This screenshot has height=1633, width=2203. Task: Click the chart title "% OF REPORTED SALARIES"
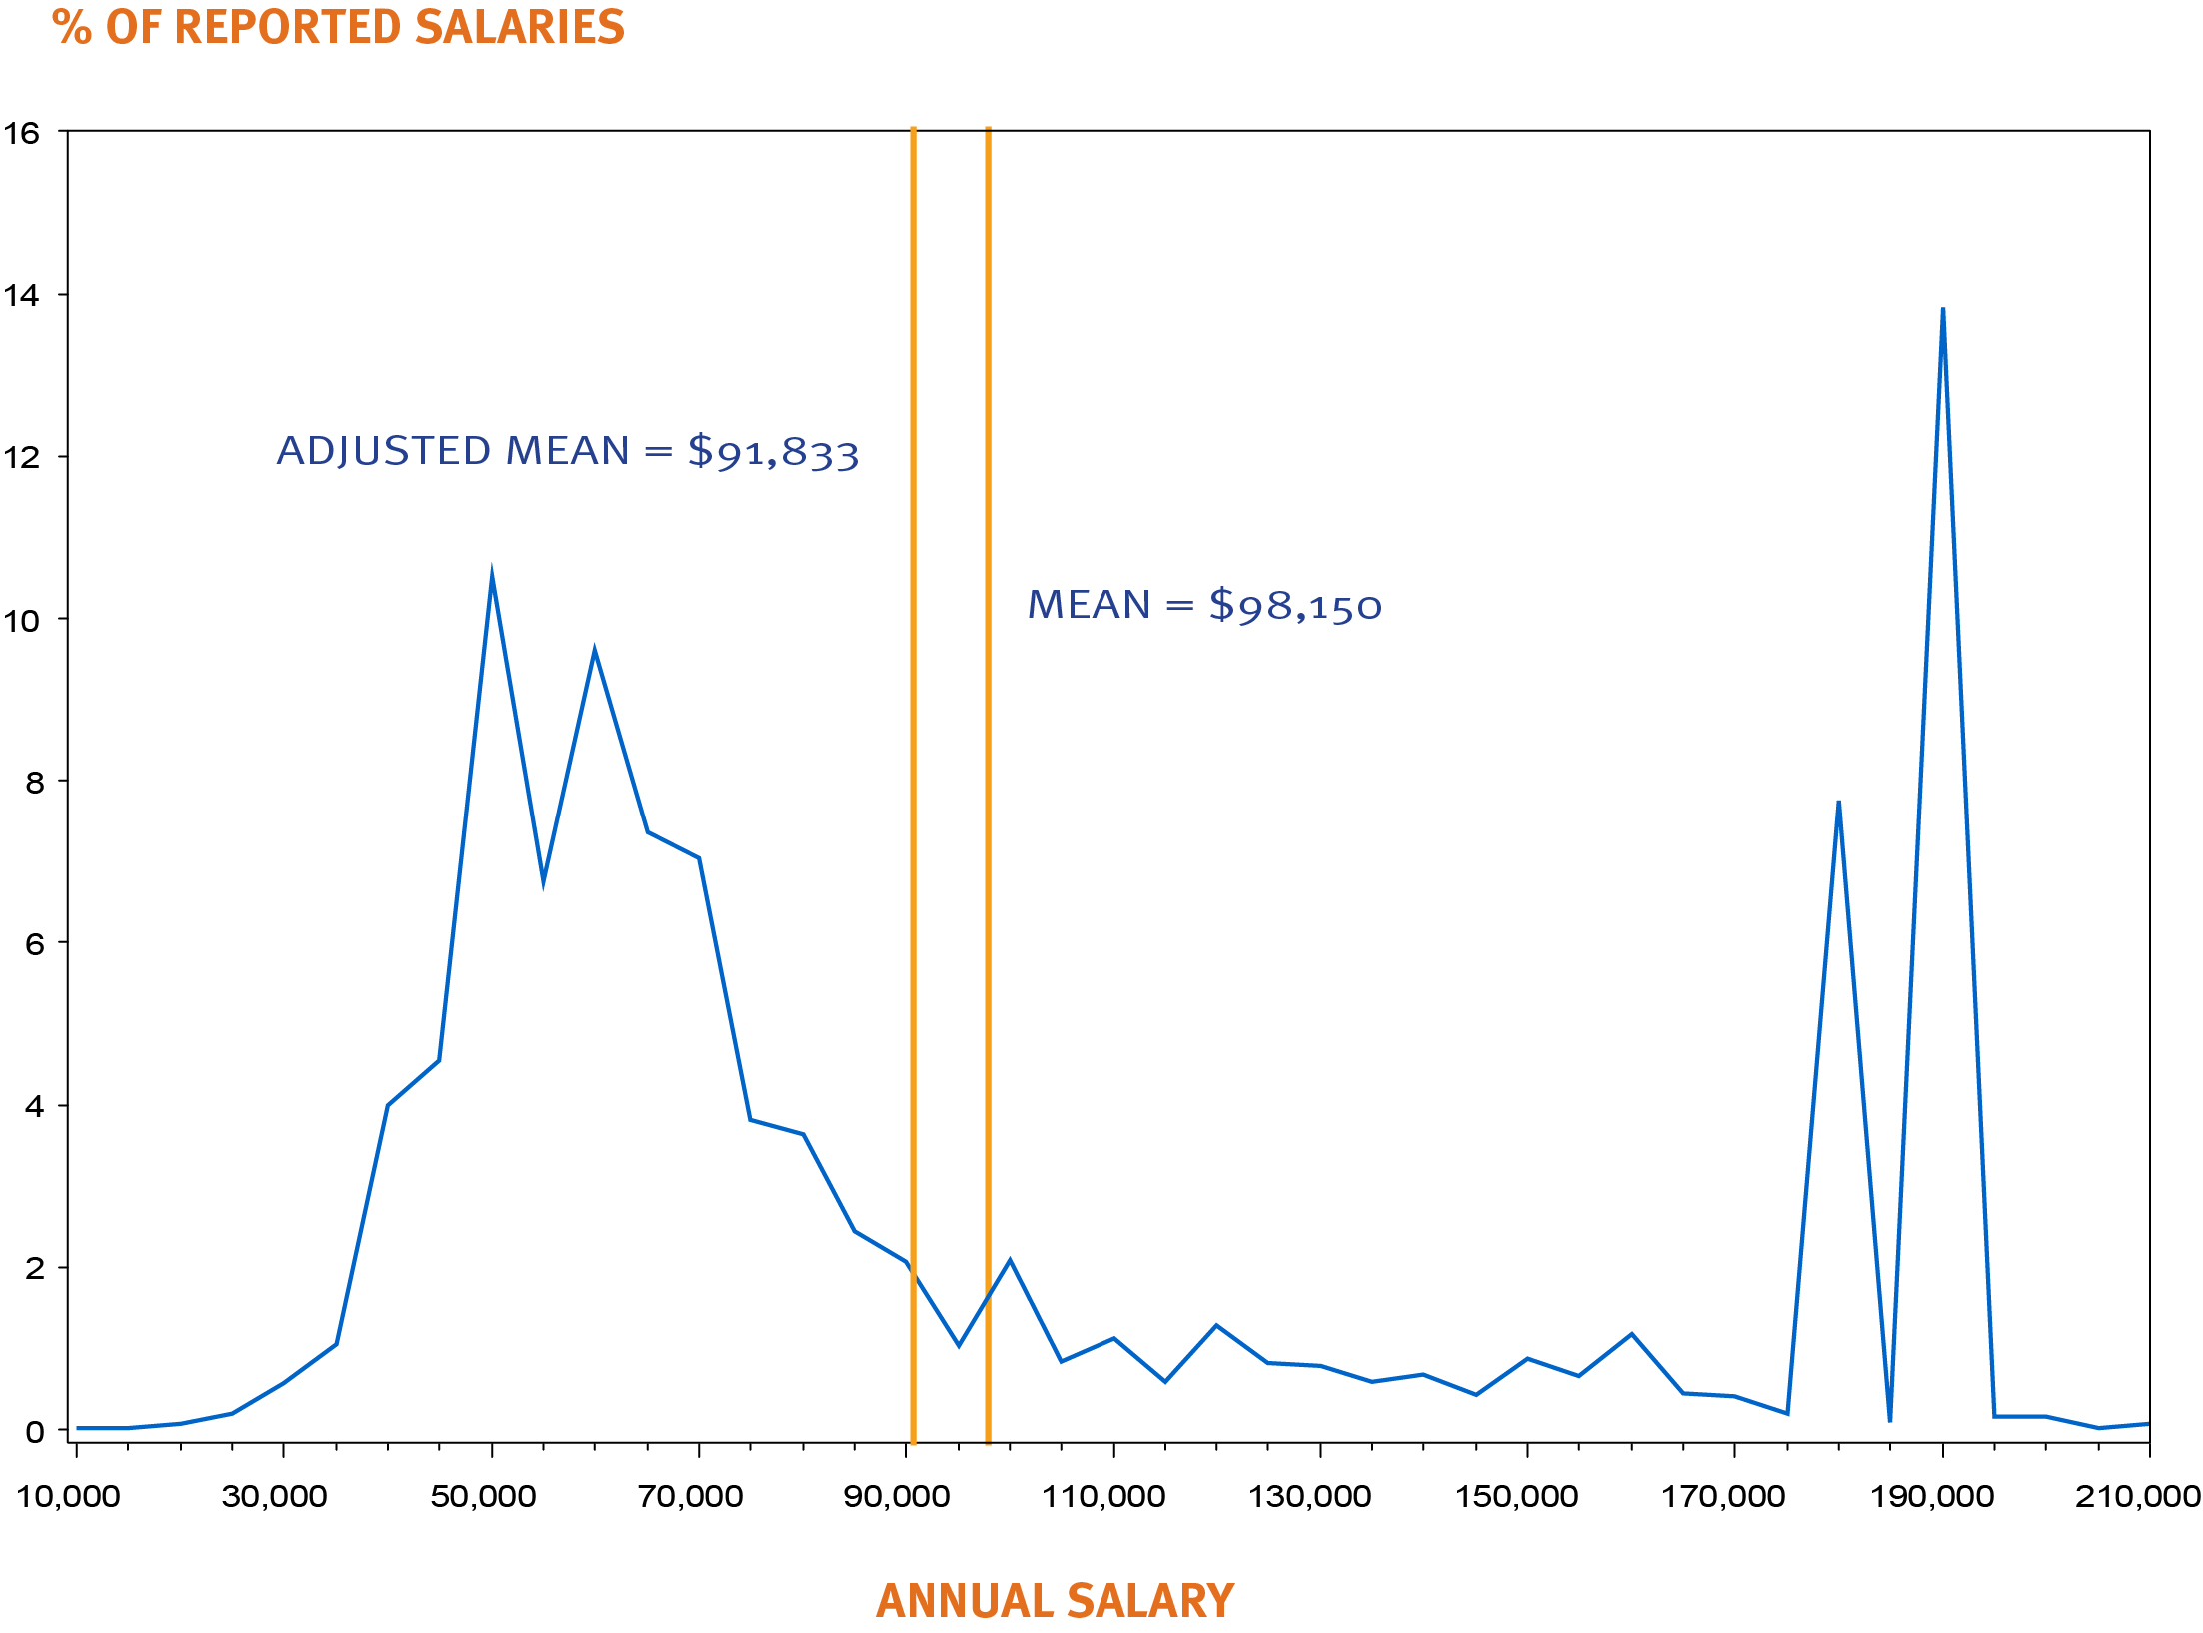(338, 27)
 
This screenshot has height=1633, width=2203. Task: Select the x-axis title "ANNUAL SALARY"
(1055, 1600)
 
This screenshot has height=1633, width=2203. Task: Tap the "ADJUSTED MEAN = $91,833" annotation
(567, 451)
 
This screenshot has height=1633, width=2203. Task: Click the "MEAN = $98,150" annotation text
(1204, 605)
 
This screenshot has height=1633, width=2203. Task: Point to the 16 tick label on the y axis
(22, 133)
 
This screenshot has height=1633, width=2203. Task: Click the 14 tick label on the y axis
(22, 295)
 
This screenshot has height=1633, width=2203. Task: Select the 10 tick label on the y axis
(22, 621)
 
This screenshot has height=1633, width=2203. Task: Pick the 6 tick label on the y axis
(35, 944)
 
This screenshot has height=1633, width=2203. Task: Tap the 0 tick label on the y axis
(35, 1431)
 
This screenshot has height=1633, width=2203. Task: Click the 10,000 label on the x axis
(68, 1496)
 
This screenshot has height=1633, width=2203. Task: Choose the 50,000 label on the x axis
(483, 1496)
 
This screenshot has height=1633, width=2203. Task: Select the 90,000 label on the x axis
(897, 1496)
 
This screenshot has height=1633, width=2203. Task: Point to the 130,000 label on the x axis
(1309, 1496)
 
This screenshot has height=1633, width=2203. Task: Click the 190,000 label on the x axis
(1931, 1496)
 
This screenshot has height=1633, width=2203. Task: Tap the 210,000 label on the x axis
(2137, 1496)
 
